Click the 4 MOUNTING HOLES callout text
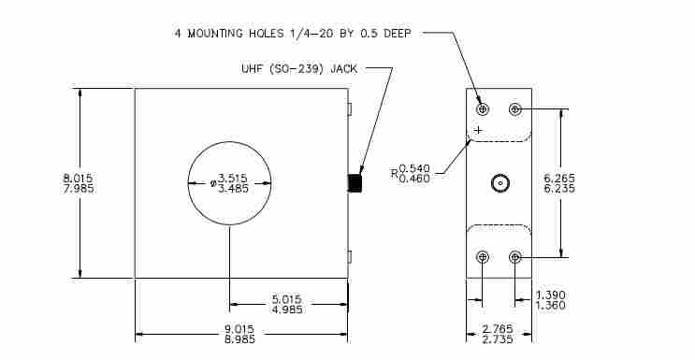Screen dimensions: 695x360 click(x=293, y=34)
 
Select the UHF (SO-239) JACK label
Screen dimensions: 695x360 click(x=299, y=68)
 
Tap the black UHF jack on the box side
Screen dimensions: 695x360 click(x=355, y=183)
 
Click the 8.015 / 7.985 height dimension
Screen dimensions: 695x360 click(x=78, y=183)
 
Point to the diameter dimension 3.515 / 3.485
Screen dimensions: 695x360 click(x=229, y=183)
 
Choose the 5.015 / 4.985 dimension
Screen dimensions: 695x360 click(x=287, y=304)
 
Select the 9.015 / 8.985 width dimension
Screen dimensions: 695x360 click(x=239, y=335)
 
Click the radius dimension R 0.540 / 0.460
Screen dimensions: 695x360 click(x=411, y=173)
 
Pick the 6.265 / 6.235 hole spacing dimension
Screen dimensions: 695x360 click(x=559, y=183)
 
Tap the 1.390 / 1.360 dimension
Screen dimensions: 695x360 click(x=551, y=300)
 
